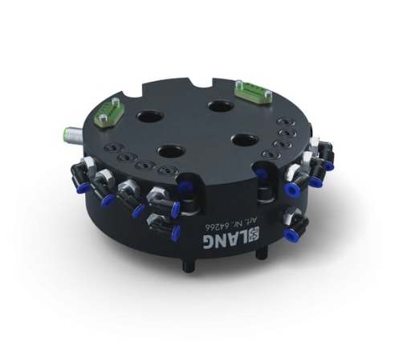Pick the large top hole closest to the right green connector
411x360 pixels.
219,104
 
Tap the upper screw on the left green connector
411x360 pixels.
118,101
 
